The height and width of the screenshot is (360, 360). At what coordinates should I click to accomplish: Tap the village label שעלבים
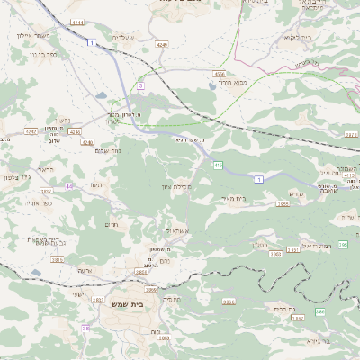click(x=122, y=37)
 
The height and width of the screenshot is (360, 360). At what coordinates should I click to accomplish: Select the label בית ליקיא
click(x=275, y=37)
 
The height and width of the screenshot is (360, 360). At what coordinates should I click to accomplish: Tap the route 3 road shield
click(x=140, y=85)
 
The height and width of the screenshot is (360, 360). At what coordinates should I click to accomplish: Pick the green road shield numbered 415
click(x=219, y=165)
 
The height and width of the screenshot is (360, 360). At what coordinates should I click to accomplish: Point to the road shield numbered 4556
click(x=220, y=73)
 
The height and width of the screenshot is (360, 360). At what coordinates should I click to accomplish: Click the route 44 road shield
click(x=69, y=186)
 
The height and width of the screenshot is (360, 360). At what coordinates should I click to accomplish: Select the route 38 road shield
click(x=86, y=328)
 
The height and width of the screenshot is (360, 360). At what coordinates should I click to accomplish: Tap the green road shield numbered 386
click(x=319, y=311)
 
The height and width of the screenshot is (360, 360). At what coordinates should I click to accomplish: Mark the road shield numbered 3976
click(x=350, y=134)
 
